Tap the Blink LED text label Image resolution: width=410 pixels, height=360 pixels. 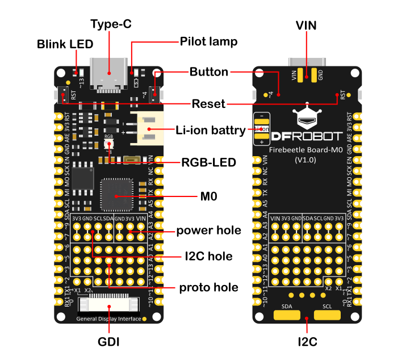point(66,44)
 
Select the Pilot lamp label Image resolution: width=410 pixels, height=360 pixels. point(208,42)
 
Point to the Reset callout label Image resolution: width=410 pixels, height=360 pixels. point(209,104)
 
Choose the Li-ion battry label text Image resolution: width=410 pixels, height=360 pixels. point(211,130)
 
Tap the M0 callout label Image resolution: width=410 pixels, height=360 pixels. point(208,196)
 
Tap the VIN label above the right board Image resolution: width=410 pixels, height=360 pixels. point(307,25)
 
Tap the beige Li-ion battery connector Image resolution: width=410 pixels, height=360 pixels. point(148,130)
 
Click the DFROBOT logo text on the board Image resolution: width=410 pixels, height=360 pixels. point(307,137)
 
